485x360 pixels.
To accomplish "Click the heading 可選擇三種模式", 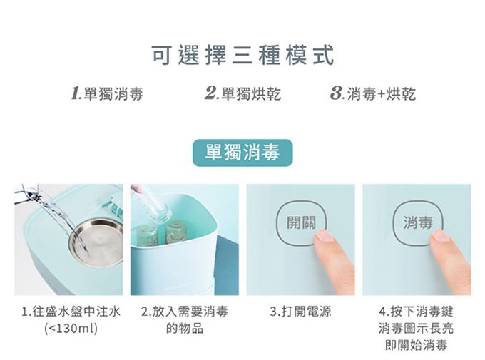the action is tap(242, 55).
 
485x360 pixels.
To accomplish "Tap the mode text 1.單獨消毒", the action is tap(107, 93).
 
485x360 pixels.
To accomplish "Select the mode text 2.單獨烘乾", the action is tap(242, 93).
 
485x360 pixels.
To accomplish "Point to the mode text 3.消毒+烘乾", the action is tap(373, 93).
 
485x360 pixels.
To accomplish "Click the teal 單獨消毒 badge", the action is tap(242, 153).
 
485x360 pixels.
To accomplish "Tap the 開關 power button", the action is tap(301, 222).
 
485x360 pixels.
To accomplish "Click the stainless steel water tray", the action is tap(96, 242).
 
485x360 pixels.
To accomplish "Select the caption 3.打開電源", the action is tap(300, 311).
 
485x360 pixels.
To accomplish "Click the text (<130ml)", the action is tap(71, 328).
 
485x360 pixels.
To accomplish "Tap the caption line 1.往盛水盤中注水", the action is tap(71, 311).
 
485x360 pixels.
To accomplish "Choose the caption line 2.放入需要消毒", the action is tap(185, 311).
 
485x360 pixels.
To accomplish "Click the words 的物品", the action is tap(185, 328).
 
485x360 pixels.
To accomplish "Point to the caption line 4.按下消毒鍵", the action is tap(417, 311).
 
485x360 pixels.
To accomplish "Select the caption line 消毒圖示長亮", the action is tap(417, 328).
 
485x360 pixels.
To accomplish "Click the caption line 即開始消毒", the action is tap(417, 345).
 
